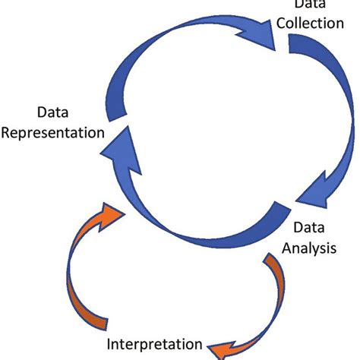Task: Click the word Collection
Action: point(309,23)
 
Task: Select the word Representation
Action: point(52,133)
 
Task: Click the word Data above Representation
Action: point(52,114)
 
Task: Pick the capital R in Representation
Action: point(7,133)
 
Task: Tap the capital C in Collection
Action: point(279,23)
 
